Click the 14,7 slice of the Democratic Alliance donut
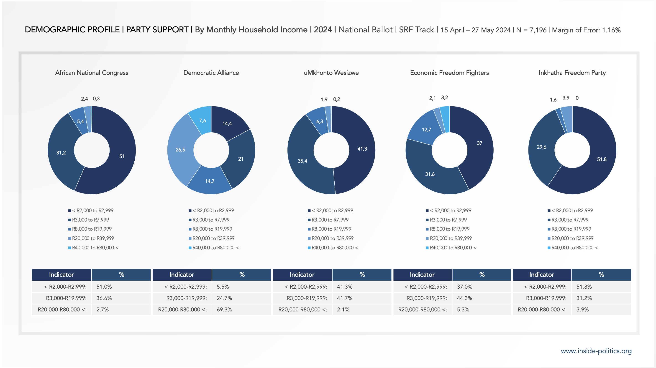pyautogui.click(x=210, y=181)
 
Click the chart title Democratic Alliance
pyautogui.click(x=211, y=73)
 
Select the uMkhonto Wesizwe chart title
pyautogui.click(x=331, y=73)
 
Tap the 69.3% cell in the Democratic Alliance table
pyautogui.click(x=224, y=309)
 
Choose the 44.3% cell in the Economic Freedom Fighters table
pyautogui.click(x=464, y=298)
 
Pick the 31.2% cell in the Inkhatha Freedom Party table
pyautogui.click(x=584, y=298)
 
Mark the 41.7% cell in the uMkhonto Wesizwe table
pyautogui.click(x=345, y=298)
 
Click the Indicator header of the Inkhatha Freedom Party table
pyautogui.click(x=541, y=274)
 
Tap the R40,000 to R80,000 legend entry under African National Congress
pyautogui.click(x=95, y=248)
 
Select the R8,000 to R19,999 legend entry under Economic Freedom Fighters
pyautogui.click(x=449, y=229)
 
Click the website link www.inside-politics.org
pyautogui.click(x=596, y=351)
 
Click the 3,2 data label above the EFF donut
pyautogui.click(x=444, y=98)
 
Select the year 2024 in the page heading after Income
pyautogui.click(x=323, y=30)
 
